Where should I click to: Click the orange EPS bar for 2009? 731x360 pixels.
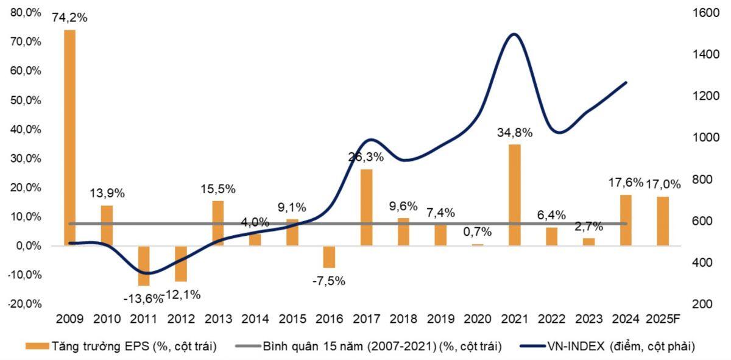click(x=70, y=138)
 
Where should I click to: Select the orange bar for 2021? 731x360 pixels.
click(x=514, y=195)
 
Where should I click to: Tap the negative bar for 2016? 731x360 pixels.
click(x=329, y=256)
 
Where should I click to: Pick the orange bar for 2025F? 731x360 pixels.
click(x=663, y=221)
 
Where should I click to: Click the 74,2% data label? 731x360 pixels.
click(x=69, y=18)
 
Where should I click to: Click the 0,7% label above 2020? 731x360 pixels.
click(x=478, y=232)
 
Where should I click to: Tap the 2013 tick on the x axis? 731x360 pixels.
click(x=217, y=319)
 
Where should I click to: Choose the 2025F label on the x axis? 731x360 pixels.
click(x=663, y=319)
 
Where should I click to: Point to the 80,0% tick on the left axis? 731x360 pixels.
click(x=26, y=13)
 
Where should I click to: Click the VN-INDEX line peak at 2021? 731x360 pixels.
click(x=514, y=34)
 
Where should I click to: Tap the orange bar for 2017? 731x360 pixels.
click(x=366, y=208)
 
